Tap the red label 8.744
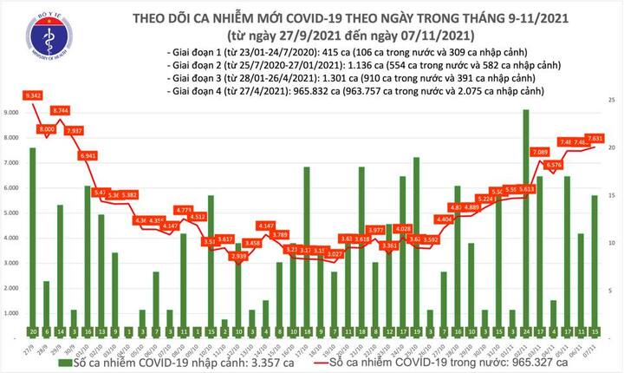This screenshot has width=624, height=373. coord(61,111)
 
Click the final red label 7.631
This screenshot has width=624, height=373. coord(596,138)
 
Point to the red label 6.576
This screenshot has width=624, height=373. coord(554,164)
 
